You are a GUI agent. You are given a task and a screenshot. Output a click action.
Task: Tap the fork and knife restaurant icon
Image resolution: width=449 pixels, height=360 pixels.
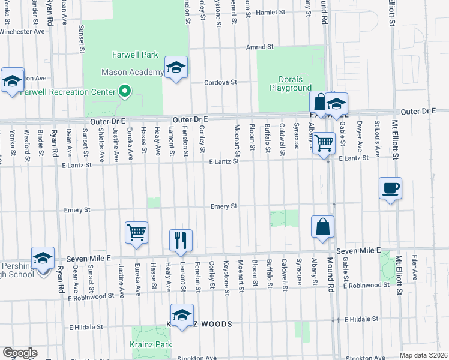pyautogui.click(x=181, y=240)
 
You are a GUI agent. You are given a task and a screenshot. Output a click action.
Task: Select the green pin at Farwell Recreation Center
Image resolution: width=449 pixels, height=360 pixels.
pyautogui.click(x=125, y=92)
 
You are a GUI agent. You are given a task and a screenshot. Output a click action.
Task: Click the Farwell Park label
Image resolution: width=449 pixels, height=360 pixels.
pyautogui.click(x=135, y=55)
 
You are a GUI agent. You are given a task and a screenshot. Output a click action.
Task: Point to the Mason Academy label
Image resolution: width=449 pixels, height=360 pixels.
pyautogui.click(x=133, y=73)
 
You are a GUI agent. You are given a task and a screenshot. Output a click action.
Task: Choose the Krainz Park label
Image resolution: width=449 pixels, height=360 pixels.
pyautogui.click(x=151, y=344)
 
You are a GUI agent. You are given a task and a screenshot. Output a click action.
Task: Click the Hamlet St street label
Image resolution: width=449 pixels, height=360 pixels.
pyautogui.click(x=273, y=11)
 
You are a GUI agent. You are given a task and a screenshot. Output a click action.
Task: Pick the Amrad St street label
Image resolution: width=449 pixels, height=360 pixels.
pyautogui.click(x=259, y=46)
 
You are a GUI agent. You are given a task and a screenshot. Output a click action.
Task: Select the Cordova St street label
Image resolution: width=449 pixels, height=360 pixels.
pyautogui.click(x=221, y=82)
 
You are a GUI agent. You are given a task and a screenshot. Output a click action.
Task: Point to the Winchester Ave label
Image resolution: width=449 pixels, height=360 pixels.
pyautogui.click(x=23, y=31)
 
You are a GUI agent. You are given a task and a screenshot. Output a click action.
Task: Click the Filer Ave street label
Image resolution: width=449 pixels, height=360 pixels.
pyautogui.click(x=415, y=268)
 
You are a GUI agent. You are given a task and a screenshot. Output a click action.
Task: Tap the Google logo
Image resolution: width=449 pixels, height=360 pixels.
pyautogui.click(x=20, y=353)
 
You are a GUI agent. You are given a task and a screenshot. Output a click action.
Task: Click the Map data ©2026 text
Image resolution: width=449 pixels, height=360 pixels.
pyautogui.click(x=423, y=355)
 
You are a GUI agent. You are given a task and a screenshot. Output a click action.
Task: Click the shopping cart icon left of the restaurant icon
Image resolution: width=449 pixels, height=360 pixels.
pyautogui.click(x=136, y=232)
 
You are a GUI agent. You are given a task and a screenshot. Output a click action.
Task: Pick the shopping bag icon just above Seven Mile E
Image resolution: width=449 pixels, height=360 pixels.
pyautogui.click(x=322, y=227)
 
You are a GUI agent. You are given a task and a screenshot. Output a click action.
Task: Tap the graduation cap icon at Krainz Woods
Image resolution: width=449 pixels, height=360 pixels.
pyautogui.click(x=182, y=314)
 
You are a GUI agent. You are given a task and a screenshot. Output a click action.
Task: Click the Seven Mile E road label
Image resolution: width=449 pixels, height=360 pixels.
pyautogui.click(x=359, y=250)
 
